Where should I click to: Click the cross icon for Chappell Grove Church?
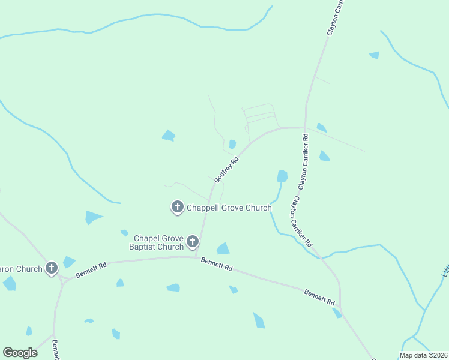click(x=177, y=207)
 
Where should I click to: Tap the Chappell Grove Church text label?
click(x=229, y=208)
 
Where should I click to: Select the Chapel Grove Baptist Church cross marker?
click(x=192, y=242)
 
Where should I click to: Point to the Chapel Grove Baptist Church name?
click(x=158, y=242)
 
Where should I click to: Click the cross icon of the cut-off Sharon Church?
click(x=52, y=268)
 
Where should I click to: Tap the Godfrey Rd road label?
click(x=226, y=170)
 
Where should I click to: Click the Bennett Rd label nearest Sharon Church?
click(x=91, y=269)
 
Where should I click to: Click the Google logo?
click(x=20, y=353)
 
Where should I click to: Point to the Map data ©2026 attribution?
click(x=423, y=355)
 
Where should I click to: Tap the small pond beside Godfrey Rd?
click(x=232, y=144)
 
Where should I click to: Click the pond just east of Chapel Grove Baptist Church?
click(x=223, y=248)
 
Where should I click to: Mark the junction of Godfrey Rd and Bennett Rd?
click(x=197, y=257)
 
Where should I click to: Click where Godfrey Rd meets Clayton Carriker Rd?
click(x=305, y=127)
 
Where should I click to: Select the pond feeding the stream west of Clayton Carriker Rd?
click(x=282, y=176)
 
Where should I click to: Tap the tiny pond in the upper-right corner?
click(x=375, y=55)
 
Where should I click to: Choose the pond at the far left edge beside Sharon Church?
click(x=9, y=283)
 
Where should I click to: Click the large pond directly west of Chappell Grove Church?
click(x=92, y=217)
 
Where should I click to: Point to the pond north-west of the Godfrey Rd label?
click(x=169, y=136)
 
